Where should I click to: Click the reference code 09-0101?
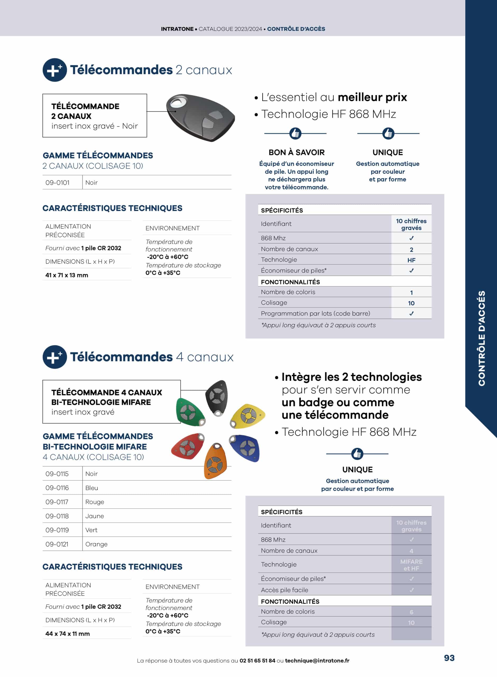tap(57, 183)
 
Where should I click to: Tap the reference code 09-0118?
tap(57, 516)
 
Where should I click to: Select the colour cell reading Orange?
tap(96, 544)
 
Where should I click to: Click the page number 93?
tap(449, 658)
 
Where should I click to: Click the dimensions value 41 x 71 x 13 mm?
tap(67, 275)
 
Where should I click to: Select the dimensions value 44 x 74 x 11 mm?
tap(68, 634)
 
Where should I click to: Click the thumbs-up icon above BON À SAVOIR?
tap(295, 133)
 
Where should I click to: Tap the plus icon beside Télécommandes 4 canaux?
tap(54, 357)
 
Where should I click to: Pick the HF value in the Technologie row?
tap(411, 260)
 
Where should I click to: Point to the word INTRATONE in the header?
tap(177, 29)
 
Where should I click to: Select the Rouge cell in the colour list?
tap(95, 502)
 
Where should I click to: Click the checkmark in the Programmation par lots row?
tap(411, 314)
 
